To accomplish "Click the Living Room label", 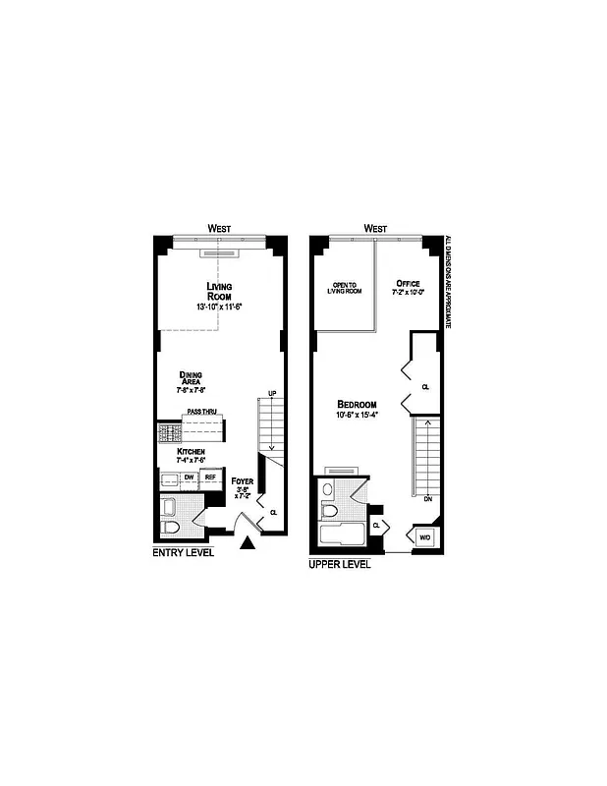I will tap(218, 291).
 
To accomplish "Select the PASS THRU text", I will tap(200, 413).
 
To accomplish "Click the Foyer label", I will tap(243, 481).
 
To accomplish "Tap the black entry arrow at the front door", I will tap(248, 540).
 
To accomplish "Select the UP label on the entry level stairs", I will tap(272, 393).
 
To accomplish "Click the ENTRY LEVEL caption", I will tap(183, 553).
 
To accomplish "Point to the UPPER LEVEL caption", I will tap(340, 565).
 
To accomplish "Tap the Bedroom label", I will tap(357, 405).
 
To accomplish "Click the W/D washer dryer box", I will tap(425, 537).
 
